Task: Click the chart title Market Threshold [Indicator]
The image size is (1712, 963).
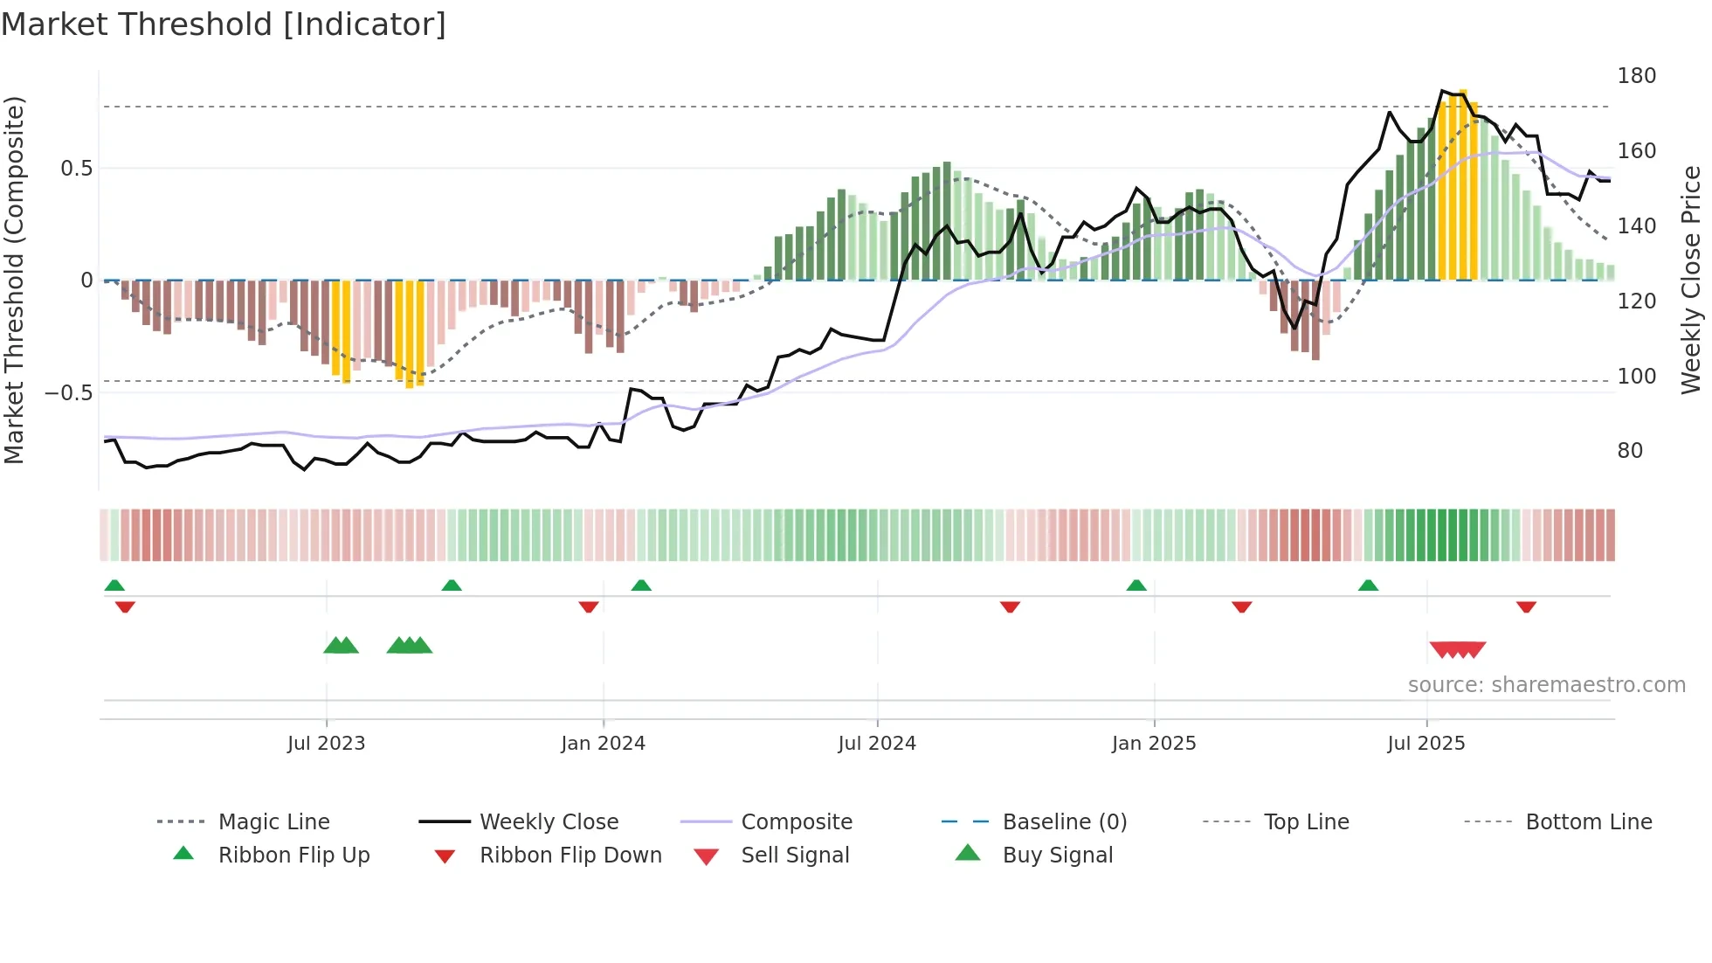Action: click(224, 24)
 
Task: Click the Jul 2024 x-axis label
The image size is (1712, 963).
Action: click(877, 744)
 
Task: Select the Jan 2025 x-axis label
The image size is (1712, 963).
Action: click(1154, 744)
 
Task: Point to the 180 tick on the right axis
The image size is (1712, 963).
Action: click(1636, 76)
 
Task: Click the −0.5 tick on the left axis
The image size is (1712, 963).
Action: click(69, 393)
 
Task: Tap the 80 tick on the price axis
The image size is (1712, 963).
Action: click(1630, 451)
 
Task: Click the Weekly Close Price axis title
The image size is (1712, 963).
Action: click(1691, 280)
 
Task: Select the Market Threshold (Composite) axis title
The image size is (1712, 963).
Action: click(14, 280)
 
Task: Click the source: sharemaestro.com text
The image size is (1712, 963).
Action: click(1546, 685)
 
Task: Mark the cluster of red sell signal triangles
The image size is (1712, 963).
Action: click(1457, 649)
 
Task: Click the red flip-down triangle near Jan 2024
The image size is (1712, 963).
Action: click(589, 606)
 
